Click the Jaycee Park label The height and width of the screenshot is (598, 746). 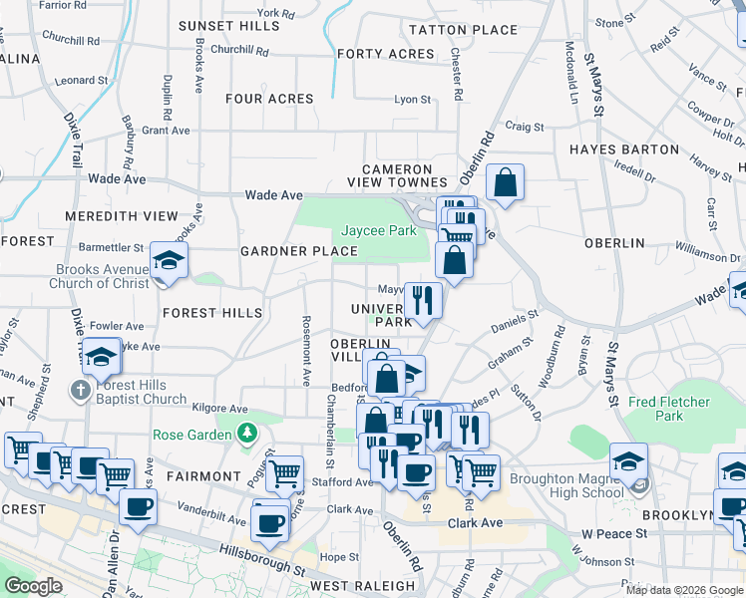pyautogui.click(x=379, y=230)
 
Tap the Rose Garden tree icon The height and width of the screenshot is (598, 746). pyautogui.click(x=245, y=435)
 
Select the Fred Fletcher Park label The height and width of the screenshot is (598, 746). pyautogui.click(x=669, y=410)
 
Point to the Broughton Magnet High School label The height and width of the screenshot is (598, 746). pyautogui.click(x=566, y=485)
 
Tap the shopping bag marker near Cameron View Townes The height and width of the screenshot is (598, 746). pyautogui.click(x=506, y=182)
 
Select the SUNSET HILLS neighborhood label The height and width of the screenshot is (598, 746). pyautogui.click(x=228, y=26)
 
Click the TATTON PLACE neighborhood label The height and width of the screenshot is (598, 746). pyautogui.click(x=450, y=30)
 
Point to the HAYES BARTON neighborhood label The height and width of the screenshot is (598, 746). pyautogui.click(x=623, y=149)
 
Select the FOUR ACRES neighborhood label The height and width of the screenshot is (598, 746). pyautogui.click(x=269, y=99)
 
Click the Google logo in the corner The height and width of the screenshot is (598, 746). pyautogui.click(x=34, y=586)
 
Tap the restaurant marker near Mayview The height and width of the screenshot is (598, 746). pyautogui.click(x=423, y=300)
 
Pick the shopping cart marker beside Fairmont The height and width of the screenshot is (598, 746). pyautogui.click(x=284, y=473)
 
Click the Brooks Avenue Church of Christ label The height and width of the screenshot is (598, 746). pyautogui.click(x=100, y=276)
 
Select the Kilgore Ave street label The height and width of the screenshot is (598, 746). pyautogui.click(x=220, y=409)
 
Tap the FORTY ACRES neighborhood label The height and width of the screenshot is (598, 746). pyautogui.click(x=372, y=54)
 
